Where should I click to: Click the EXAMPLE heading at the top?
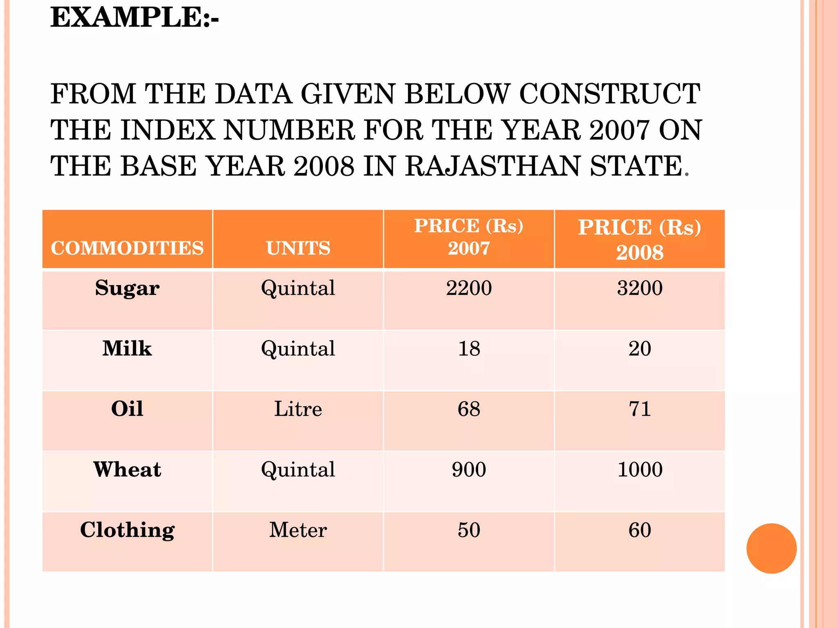tap(134, 18)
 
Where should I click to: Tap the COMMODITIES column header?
tap(127, 248)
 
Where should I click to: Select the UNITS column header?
tap(298, 248)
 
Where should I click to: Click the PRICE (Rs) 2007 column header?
tap(469, 237)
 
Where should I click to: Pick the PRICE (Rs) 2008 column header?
tap(640, 240)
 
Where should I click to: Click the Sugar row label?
tap(127, 288)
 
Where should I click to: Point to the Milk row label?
tap(127, 349)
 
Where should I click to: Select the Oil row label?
tap(127, 409)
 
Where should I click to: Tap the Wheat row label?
tap(127, 469)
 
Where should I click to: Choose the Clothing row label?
tap(127, 530)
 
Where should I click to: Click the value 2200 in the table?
tap(469, 288)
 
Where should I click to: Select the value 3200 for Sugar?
tap(640, 288)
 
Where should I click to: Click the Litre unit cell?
tap(298, 409)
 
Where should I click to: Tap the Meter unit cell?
tap(298, 530)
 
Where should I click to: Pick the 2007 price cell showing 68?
tap(469, 409)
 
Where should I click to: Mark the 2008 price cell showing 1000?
tap(640, 469)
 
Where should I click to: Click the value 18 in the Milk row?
tap(469, 349)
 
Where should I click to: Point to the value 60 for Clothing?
tap(640, 530)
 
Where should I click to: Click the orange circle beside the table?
tap(771, 548)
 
